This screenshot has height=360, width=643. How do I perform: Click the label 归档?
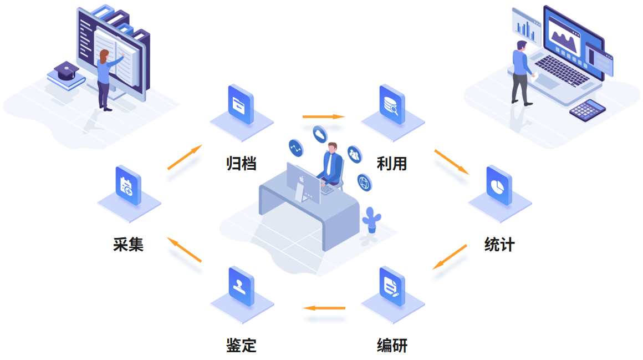coord(241,164)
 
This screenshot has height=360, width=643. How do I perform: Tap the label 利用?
coord(392,164)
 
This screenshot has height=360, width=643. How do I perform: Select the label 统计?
coord(499,245)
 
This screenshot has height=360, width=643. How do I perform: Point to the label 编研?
coord(392,346)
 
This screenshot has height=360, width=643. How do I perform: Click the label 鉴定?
coord(241,346)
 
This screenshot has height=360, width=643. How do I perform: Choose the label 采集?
coord(128,245)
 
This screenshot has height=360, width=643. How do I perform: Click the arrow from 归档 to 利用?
coord(324,116)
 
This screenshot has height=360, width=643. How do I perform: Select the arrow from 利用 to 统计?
coord(451,161)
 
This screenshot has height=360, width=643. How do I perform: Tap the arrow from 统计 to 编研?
coord(450,257)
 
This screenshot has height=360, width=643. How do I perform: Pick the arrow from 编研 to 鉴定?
coord(324,307)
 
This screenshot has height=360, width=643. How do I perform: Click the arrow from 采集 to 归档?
coord(185,157)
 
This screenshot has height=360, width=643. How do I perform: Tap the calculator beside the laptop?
coord(588,109)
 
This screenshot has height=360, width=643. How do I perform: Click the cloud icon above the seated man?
coord(320,134)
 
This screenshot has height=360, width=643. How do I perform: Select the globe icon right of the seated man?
coord(364,181)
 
